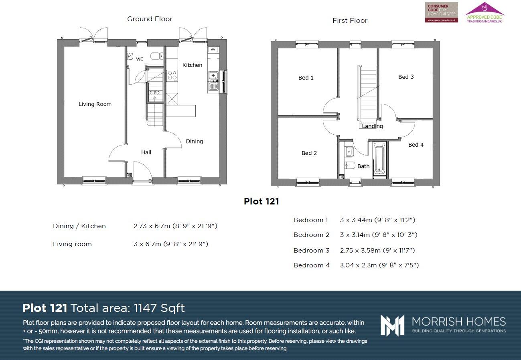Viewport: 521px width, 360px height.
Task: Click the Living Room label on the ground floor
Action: tap(95, 104)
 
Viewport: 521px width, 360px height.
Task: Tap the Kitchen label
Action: tap(192, 65)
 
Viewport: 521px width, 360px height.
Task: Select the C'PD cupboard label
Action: tap(154, 93)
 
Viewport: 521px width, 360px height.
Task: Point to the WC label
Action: tap(140, 59)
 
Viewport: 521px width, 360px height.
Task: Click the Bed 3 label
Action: tap(406, 77)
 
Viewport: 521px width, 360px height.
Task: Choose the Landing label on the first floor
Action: tap(372, 126)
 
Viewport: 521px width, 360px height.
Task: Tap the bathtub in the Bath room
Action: tap(379, 159)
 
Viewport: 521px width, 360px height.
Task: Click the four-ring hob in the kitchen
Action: tap(172, 75)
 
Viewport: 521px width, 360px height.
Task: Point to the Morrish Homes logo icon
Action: tap(393, 325)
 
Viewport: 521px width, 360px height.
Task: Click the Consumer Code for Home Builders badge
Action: tap(441, 12)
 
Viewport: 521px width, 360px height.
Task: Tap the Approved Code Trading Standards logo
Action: tap(484, 13)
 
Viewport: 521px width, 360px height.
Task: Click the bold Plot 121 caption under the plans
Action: tap(261, 201)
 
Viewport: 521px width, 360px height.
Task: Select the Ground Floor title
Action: tap(150, 19)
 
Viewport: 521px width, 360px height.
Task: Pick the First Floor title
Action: tap(350, 20)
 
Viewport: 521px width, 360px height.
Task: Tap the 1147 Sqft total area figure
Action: tap(159, 308)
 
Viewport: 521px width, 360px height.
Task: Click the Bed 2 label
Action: tap(309, 153)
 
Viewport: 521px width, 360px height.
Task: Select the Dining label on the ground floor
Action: tap(194, 142)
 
